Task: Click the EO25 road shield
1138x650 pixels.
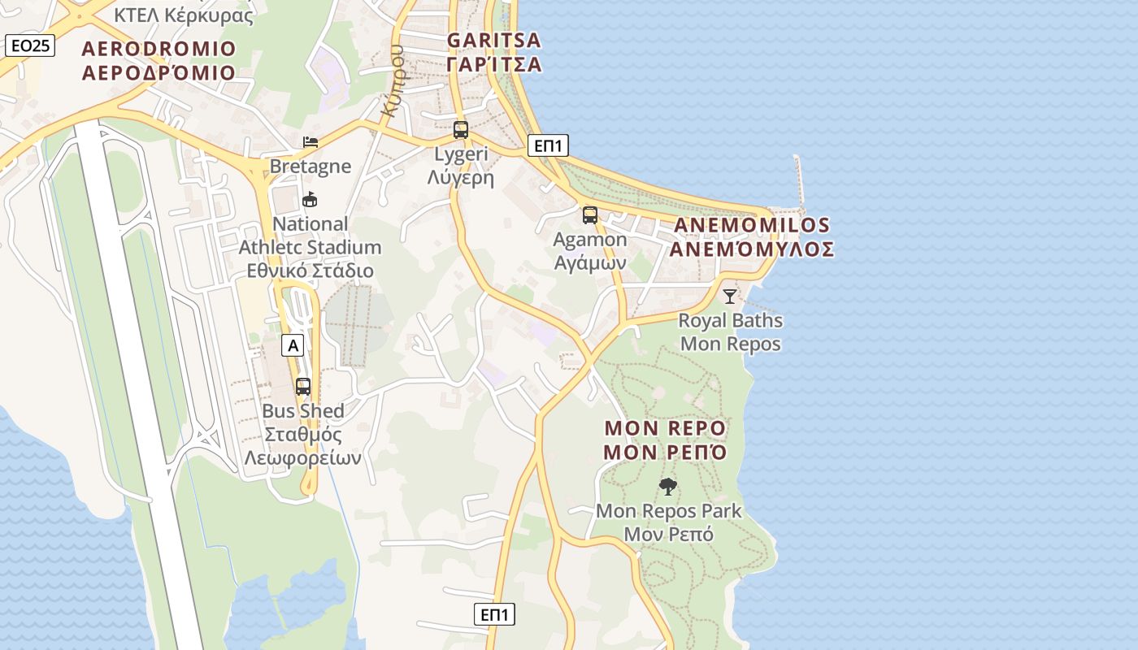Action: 30,45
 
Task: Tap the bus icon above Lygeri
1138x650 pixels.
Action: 461,129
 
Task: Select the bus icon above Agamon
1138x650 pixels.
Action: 590,215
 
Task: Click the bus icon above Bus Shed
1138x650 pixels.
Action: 303,387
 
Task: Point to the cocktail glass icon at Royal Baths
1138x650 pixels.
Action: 730,296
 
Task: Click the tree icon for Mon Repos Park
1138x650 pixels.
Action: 668,487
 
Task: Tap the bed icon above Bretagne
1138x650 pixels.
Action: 311,142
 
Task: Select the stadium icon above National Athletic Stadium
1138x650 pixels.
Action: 310,199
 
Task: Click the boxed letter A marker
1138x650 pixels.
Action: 293,345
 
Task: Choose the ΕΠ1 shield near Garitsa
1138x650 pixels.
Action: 548,145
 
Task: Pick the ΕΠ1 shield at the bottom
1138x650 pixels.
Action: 494,614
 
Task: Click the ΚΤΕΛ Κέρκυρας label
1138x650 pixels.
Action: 183,15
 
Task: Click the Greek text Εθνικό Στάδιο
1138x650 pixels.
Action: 310,271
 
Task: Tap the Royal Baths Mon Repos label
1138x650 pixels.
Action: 730,331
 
